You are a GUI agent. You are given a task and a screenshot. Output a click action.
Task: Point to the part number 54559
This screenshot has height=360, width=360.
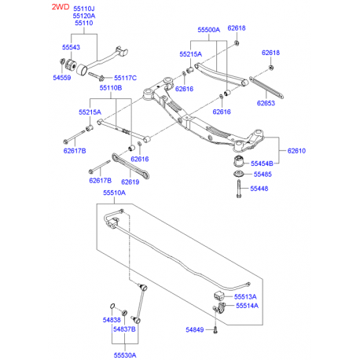[62, 79]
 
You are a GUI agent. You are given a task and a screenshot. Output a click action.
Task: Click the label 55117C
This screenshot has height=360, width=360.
[125, 78]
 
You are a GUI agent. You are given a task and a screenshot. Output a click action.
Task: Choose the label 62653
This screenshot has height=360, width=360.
[266, 102]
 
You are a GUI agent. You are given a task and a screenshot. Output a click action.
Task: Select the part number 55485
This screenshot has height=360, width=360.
[261, 174]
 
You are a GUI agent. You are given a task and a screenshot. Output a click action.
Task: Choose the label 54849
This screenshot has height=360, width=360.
[197, 329]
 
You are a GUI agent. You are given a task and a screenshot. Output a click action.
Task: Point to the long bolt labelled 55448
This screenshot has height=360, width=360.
[235, 189]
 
